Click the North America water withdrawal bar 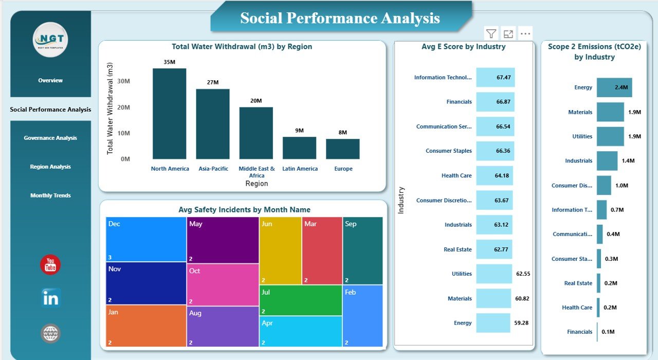click(x=169, y=114)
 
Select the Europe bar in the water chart click(x=342, y=149)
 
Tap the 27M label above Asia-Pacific click(x=213, y=82)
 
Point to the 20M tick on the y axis click(x=123, y=107)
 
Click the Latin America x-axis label click(x=299, y=169)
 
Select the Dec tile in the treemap click(x=146, y=239)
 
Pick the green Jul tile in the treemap click(x=301, y=300)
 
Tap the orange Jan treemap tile click(x=146, y=326)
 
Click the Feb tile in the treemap click(x=363, y=315)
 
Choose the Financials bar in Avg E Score click(x=495, y=102)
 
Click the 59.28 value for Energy click(x=521, y=323)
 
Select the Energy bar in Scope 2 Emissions click(x=614, y=87)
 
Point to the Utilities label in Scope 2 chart click(x=582, y=136)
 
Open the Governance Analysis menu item click(x=50, y=138)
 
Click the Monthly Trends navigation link click(x=50, y=195)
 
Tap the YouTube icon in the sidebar click(x=50, y=265)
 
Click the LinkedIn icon click(x=50, y=298)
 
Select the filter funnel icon click(x=491, y=34)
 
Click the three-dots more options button click(x=525, y=34)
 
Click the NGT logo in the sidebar click(x=50, y=40)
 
